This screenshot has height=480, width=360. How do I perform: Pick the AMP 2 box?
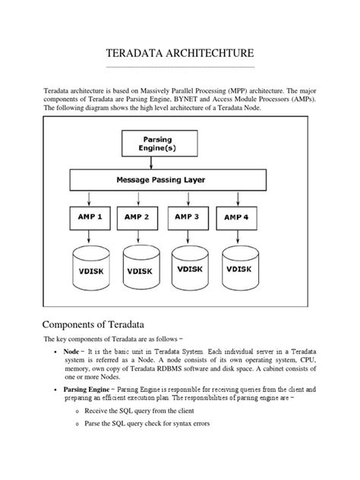[137, 216]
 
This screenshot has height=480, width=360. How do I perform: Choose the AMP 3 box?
[186, 216]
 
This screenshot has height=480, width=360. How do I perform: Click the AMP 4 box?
[237, 217]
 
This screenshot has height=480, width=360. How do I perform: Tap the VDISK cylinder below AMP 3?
[190, 267]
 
